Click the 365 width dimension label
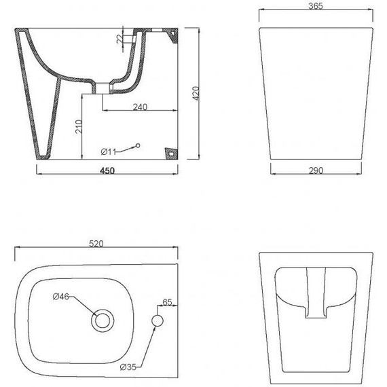[316, 6]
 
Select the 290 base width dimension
[316, 170]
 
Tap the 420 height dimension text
[196, 93]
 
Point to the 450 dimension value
[107, 170]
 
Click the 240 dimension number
[140, 107]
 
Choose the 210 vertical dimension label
[79, 126]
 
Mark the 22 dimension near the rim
[119, 39]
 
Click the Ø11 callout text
[109, 151]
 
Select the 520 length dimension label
[96, 244]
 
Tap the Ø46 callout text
[61, 296]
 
